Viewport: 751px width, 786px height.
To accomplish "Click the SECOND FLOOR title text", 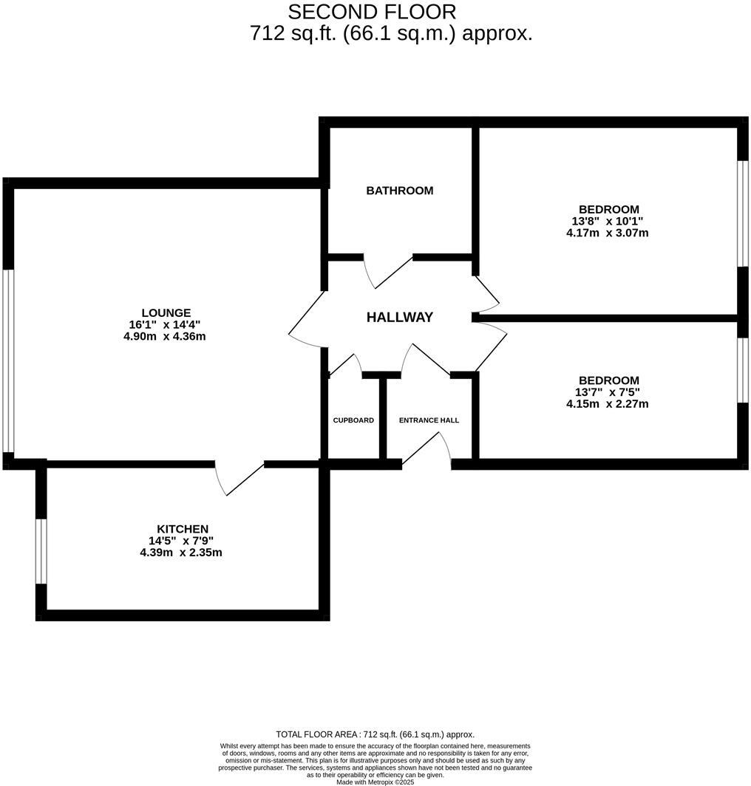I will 372,12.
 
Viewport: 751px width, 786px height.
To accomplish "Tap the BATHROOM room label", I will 400,191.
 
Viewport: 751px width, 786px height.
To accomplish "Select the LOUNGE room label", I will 166,312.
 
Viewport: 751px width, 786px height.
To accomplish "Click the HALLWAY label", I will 400,318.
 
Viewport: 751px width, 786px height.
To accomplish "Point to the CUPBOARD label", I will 353,420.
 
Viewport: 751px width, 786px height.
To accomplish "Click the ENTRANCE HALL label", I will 429,420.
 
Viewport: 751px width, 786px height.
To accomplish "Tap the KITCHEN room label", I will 183,529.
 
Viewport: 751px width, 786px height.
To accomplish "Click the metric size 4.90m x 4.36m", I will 164,336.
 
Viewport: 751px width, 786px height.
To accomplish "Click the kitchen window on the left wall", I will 41,551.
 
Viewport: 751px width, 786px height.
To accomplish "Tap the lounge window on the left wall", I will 8,360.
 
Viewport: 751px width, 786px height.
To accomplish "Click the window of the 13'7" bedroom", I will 742,371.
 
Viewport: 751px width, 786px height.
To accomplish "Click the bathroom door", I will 389,271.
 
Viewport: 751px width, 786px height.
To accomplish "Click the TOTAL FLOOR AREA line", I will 375,734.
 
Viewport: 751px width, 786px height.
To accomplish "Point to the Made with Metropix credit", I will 375,782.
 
